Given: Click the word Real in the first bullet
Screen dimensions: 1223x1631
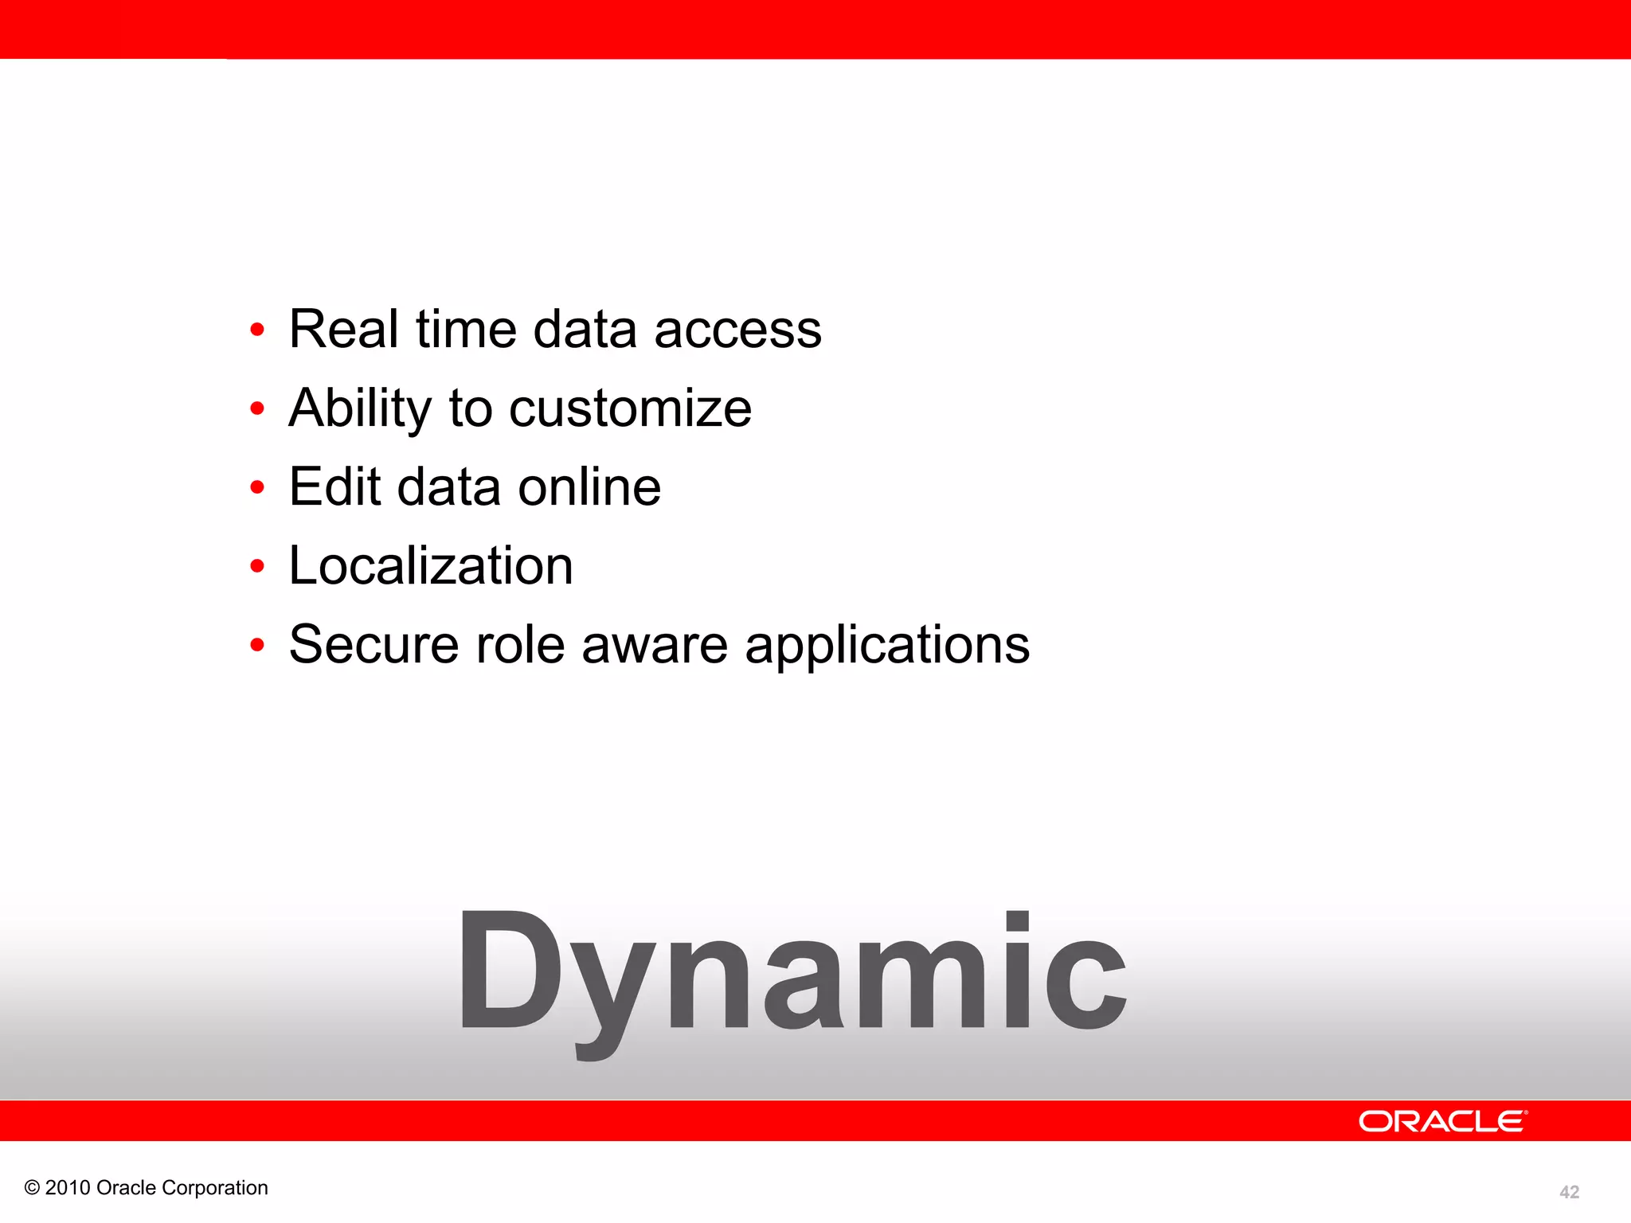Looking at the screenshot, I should point(343,329).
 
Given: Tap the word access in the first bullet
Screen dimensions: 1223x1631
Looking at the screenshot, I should point(737,330).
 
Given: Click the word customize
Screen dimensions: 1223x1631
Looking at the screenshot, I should point(630,409).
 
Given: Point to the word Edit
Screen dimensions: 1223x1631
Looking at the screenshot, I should point(334,486).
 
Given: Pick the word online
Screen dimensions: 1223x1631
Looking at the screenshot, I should point(589,486).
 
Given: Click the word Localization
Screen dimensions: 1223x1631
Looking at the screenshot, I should point(431,565).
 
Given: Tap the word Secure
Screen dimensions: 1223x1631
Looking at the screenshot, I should point(374,644).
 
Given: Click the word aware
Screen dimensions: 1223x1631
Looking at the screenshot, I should point(655,646).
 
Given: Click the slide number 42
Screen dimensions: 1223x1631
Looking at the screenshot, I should point(1569,1192).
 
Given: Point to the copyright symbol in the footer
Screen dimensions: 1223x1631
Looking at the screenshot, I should point(32,1188).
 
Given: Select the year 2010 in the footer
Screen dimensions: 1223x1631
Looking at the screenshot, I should point(68,1188).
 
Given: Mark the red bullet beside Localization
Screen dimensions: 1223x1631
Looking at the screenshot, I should point(256,566).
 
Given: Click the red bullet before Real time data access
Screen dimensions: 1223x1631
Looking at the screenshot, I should point(256,330).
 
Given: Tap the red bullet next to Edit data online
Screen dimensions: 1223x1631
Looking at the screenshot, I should point(256,487).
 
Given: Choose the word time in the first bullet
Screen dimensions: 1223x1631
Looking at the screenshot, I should point(466,329).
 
